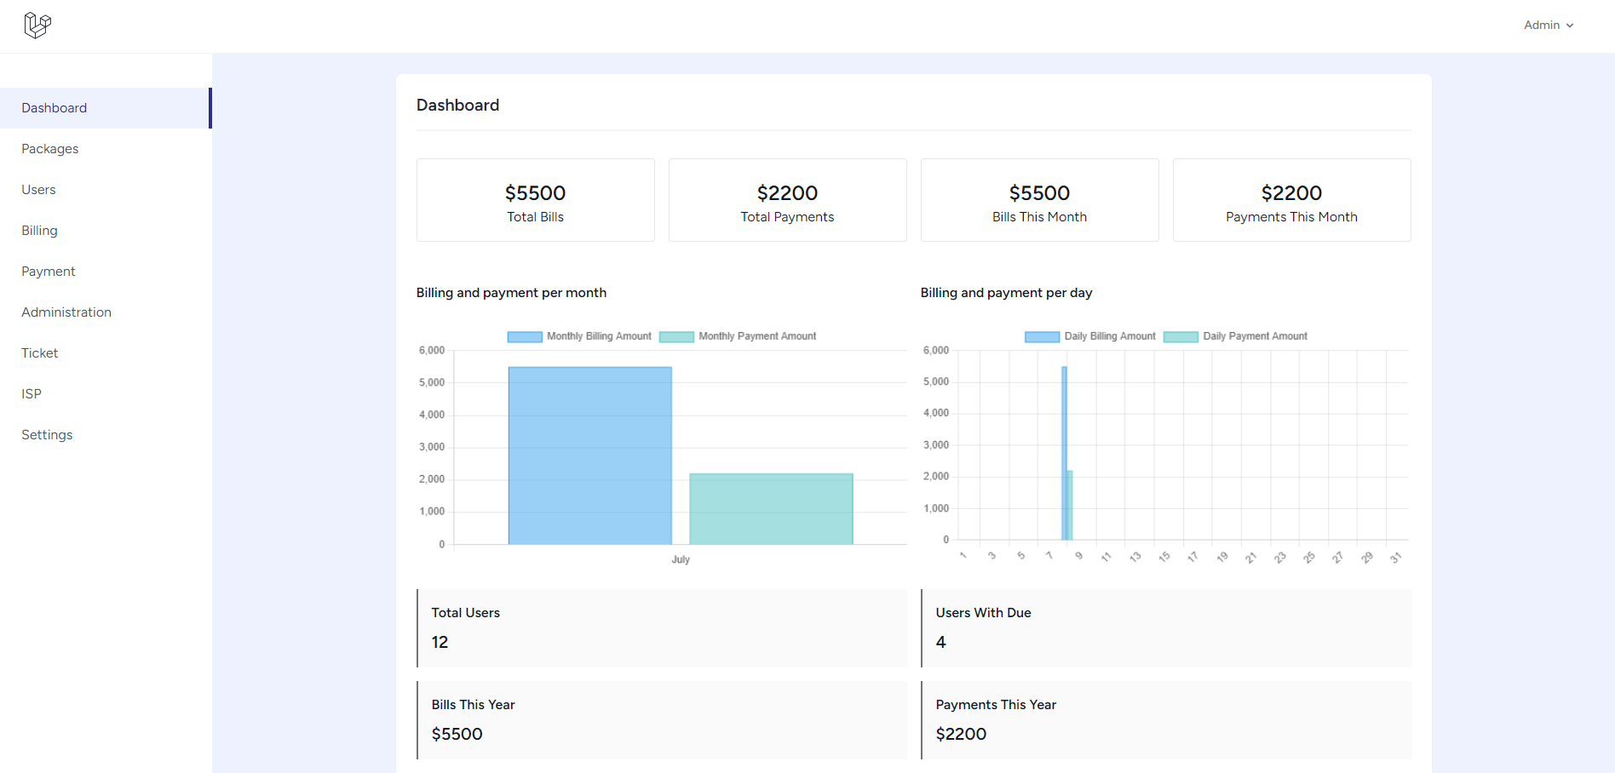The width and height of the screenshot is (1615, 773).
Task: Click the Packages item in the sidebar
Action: [x=50, y=149]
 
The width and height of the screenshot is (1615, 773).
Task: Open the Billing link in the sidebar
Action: [x=40, y=231]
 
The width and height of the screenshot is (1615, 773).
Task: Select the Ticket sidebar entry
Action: [x=40, y=353]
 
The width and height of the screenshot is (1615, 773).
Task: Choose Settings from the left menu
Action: [x=47, y=435]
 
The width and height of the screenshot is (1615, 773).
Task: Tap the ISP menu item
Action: [x=32, y=394]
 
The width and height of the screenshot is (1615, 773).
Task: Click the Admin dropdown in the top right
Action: [x=1548, y=26]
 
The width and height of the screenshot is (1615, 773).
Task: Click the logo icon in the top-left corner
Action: [x=37, y=26]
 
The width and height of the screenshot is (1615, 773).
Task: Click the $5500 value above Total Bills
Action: [x=535, y=193]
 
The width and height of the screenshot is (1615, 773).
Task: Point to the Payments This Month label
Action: [x=1291, y=217]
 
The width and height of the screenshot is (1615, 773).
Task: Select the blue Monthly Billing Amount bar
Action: [x=589, y=455]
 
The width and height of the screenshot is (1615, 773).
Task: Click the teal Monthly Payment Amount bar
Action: [x=771, y=508]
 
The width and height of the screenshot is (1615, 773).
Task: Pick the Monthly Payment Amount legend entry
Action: [x=738, y=336]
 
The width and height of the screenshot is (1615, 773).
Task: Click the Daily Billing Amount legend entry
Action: [x=1090, y=336]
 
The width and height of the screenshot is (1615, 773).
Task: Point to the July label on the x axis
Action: [x=681, y=559]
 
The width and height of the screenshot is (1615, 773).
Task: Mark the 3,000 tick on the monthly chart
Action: [x=432, y=447]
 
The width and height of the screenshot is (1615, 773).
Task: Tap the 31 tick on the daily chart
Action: [x=1395, y=558]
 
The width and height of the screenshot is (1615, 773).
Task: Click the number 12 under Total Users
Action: [x=440, y=642]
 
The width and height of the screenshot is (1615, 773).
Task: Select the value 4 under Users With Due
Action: [x=940, y=642]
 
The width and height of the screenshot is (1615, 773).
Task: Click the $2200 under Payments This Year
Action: [x=961, y=734]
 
